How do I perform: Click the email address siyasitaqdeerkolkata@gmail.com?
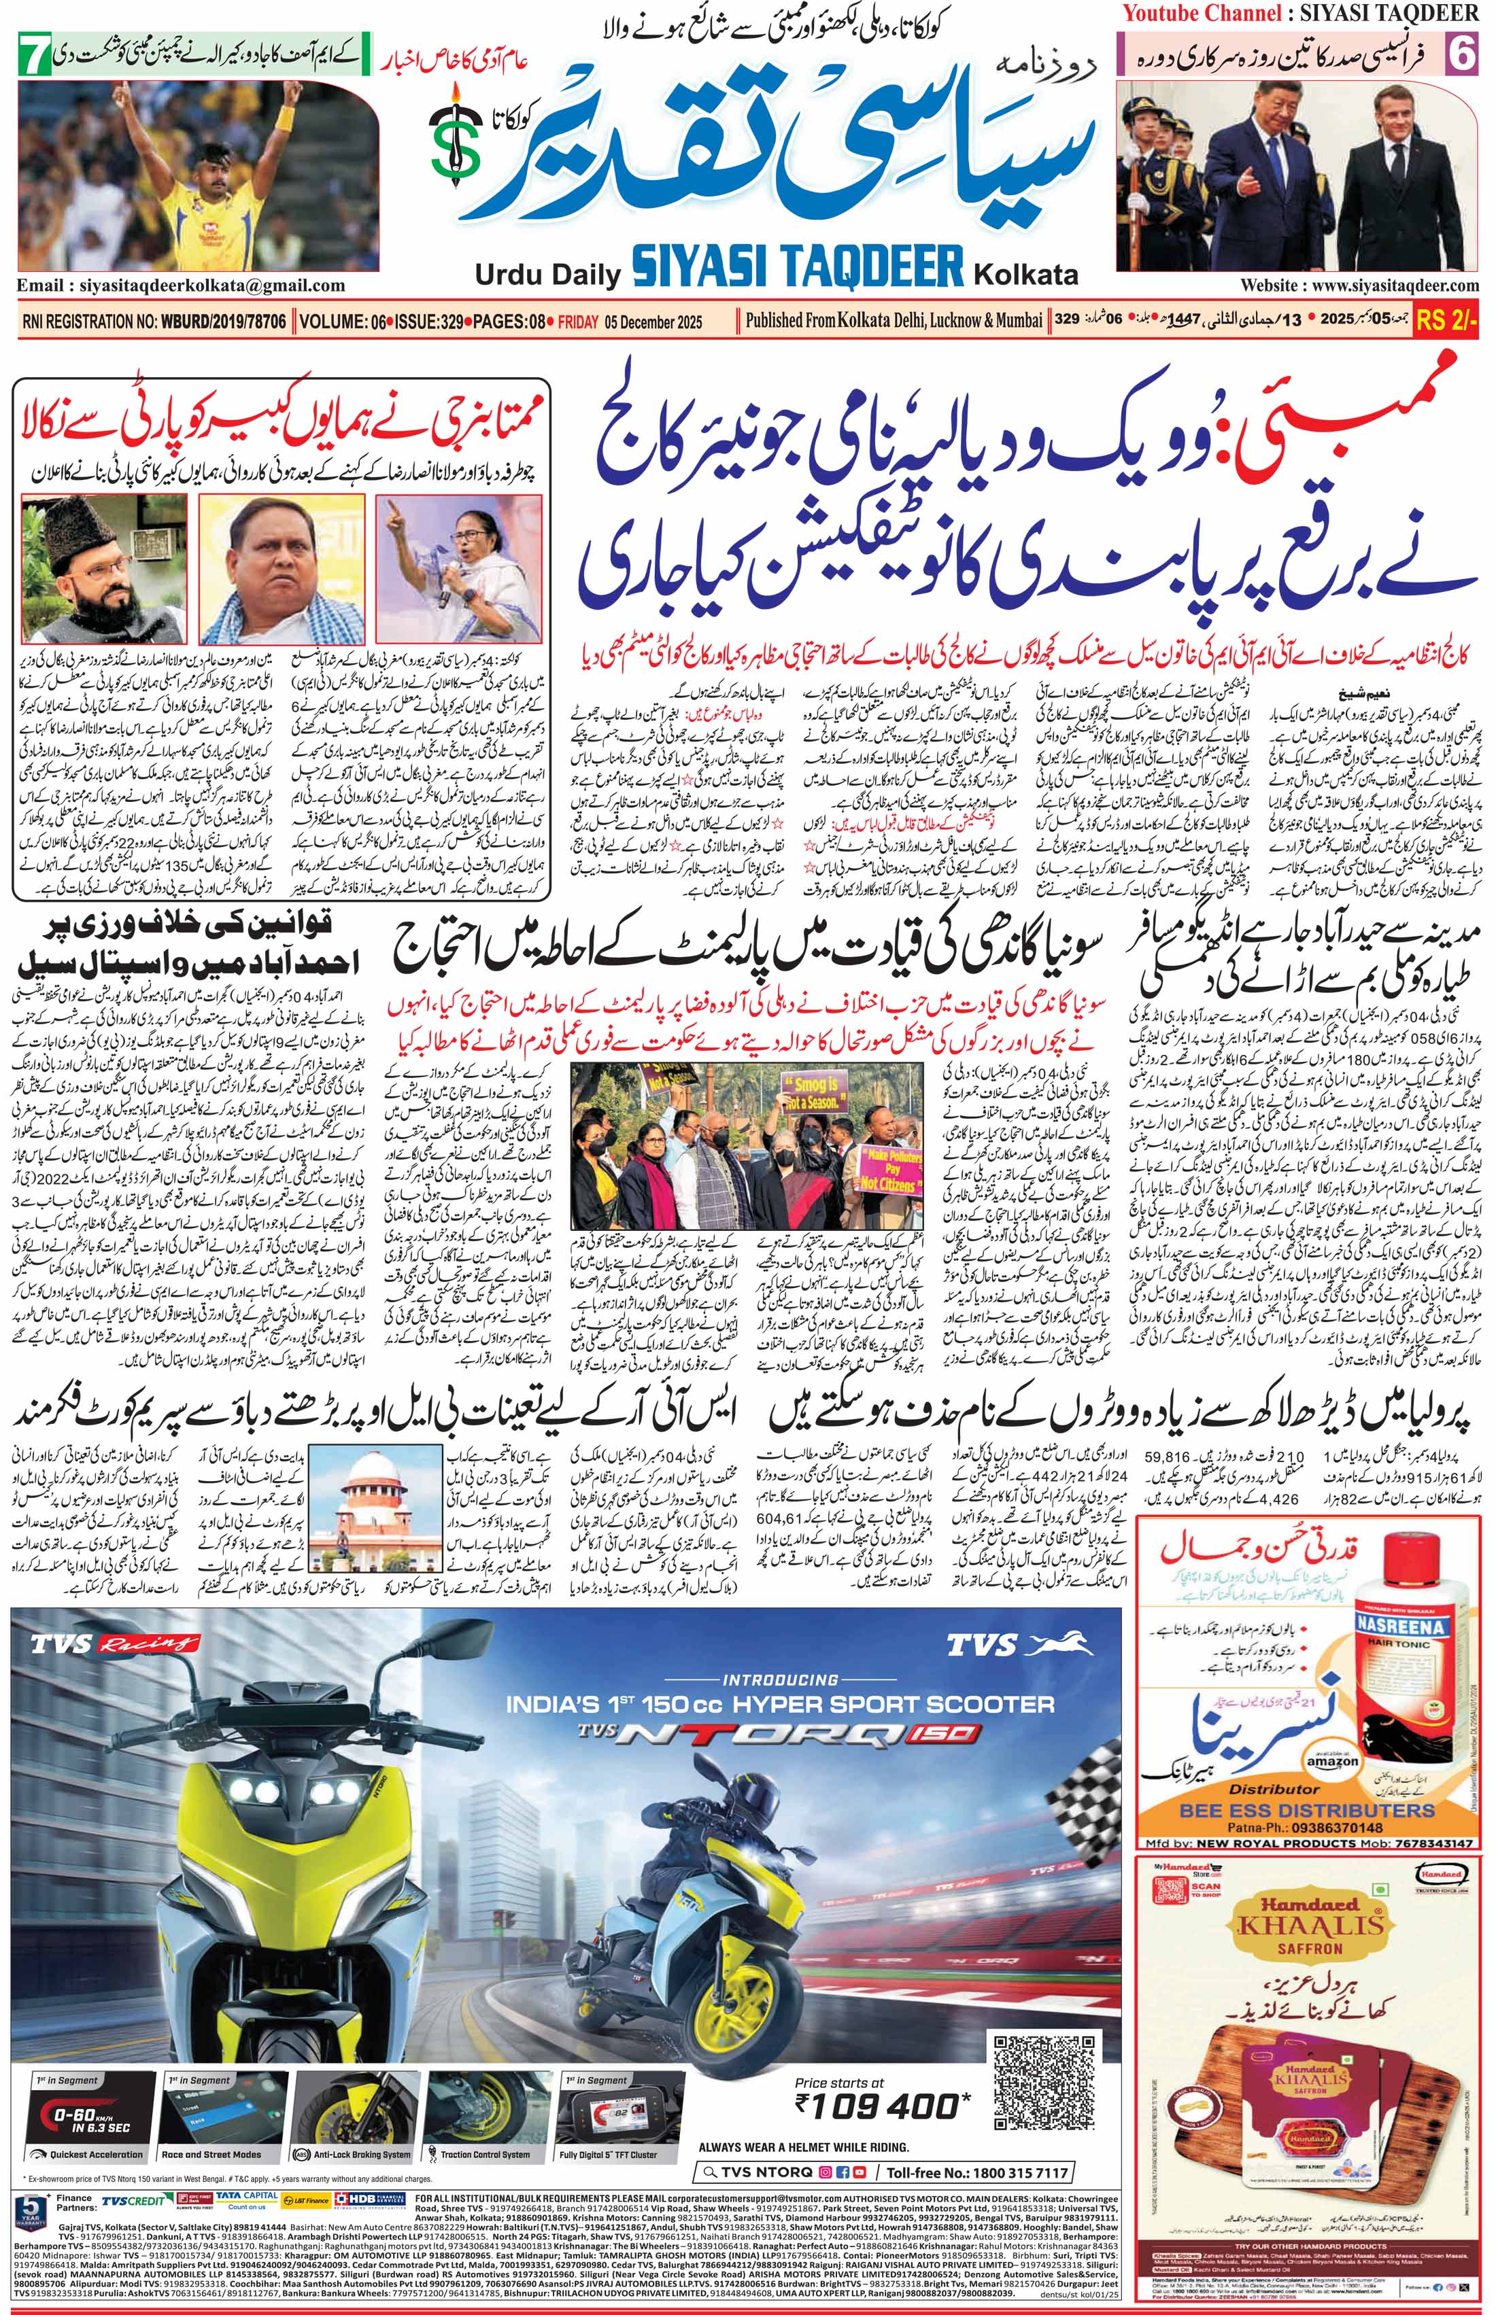tap(181, 285)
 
